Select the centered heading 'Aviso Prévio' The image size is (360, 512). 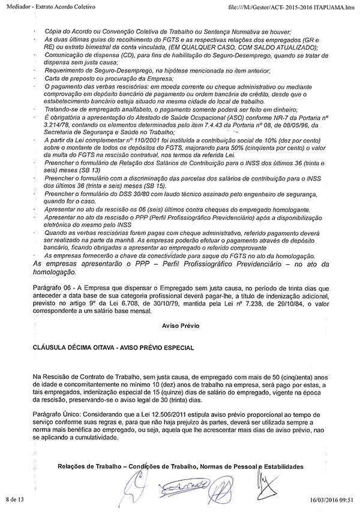[180, 326]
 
